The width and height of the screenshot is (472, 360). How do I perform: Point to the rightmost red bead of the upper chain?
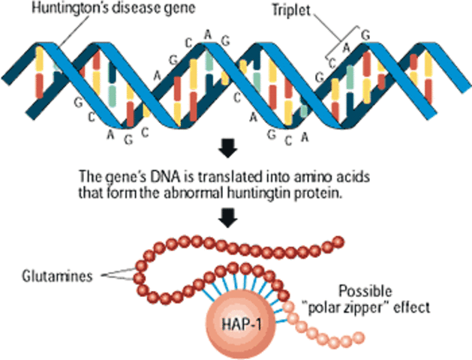tap(338, 241)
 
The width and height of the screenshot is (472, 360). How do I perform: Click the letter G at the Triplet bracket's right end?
tap(365, 34)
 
